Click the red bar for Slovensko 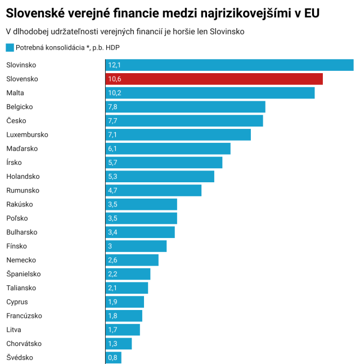click(x=214, y=79)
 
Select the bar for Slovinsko click(x=229, y=65)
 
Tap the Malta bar click(x=210, y=93)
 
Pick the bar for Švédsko click(x=114, y=357)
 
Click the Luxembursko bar click(x=178, y=134)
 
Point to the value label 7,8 click(x=112, y=107)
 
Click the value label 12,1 click(x=114, y=65)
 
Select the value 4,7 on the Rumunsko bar click(x=112, y=190)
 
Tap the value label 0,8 click(x=112, y=357)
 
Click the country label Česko click(x=16, y=120)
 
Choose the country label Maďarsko click(x=22, y=149)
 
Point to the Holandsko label click(x=23, y=176)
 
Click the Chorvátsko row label click(x=24, y=343)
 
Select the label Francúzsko click(x=24, y=316)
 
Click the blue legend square click(x=10, y=48)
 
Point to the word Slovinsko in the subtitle click(x=227, y=32)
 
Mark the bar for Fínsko click(x=136, y=246)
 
